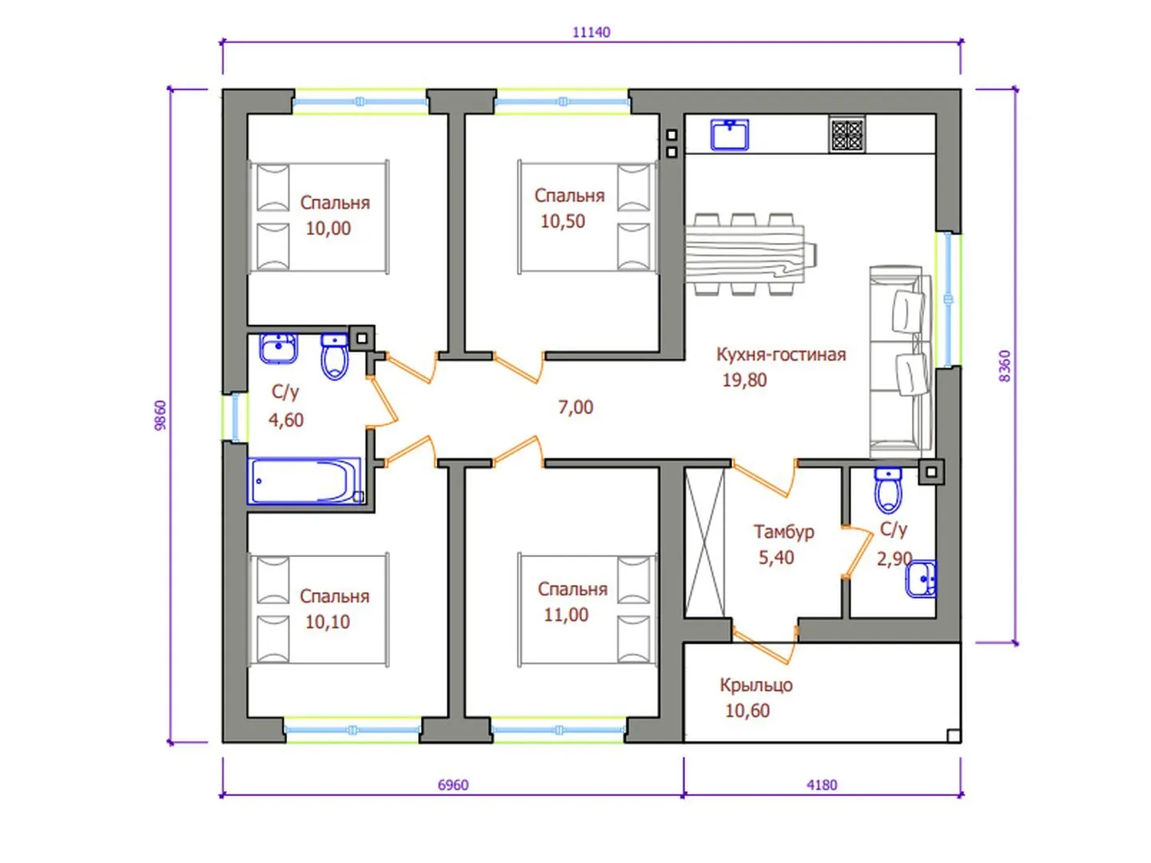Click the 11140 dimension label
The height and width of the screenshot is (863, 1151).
(591, 33)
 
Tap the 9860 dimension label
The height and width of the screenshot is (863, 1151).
(161, 416)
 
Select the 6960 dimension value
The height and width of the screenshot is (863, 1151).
(453, 785)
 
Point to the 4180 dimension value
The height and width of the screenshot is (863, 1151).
(822, 785)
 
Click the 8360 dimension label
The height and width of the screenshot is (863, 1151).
(1005, 366)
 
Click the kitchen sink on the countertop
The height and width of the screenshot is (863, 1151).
(730, 135)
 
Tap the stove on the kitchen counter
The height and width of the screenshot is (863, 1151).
(846, 135)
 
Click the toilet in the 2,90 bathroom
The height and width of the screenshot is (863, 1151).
(888, 490)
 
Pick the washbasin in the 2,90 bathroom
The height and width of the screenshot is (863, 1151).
(921, 579)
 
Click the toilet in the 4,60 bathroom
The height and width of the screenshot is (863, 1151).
(334, 356)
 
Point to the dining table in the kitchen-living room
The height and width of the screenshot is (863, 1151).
(751, 253)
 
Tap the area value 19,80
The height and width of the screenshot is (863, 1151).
(744, 380)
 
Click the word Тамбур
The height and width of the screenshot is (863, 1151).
(784, 532)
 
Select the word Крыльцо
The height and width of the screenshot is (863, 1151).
(755, 685)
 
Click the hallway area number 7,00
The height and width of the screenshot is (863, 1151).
(575, 408)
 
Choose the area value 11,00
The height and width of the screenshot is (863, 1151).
(566, 614)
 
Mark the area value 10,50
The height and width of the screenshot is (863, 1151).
(563, 221)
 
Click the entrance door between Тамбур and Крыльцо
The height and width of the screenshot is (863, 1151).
(765, 644)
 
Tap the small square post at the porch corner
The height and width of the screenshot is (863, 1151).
(954, 736)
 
